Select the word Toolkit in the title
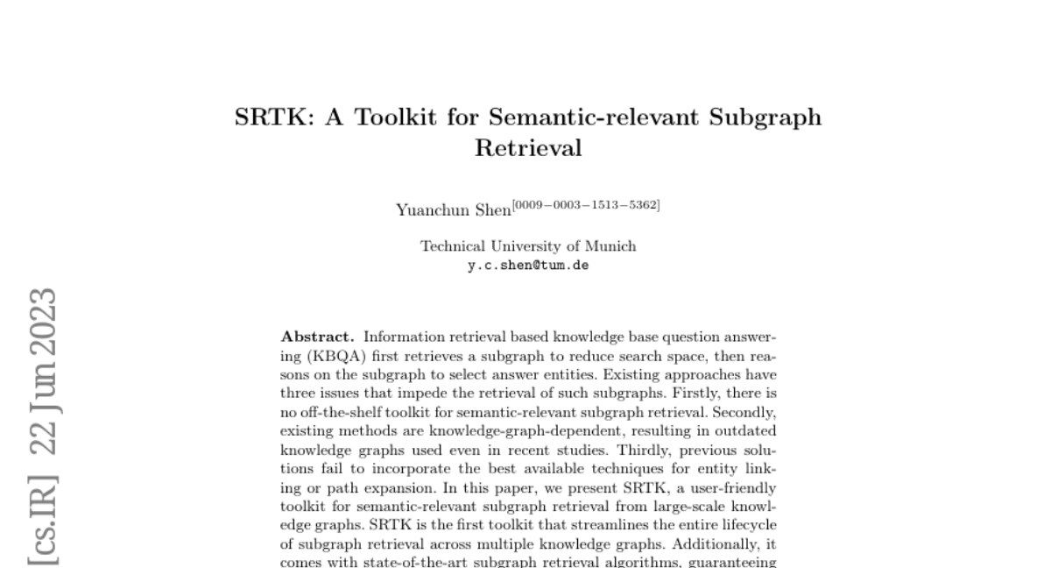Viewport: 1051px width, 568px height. click(x=396, y=117)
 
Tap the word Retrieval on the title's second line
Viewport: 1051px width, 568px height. click(x=528, y=148)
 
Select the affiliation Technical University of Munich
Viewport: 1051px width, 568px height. click(x=528, y=246)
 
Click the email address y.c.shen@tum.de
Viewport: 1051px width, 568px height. click(x=528, y=264)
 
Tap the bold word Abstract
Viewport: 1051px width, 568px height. click(x=318, y=337)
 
